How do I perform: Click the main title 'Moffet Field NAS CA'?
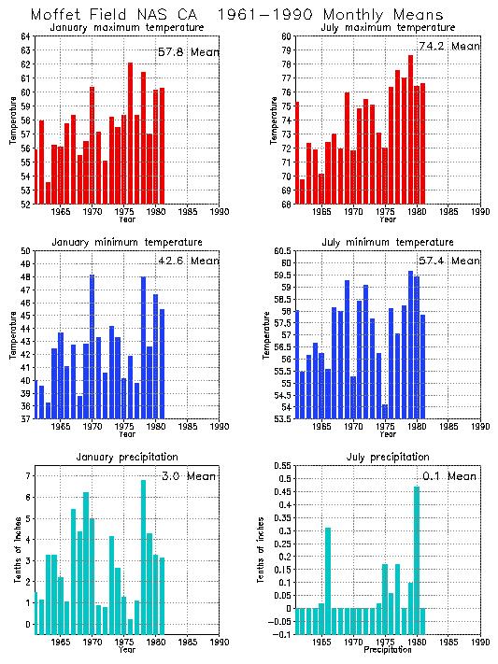point(121,15)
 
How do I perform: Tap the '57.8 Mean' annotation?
point(187,52)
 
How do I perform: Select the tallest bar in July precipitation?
point(417,560)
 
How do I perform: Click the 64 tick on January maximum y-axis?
point(24,35)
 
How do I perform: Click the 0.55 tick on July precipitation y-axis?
point(280,465)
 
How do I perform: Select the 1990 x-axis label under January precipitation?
point(221,643)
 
